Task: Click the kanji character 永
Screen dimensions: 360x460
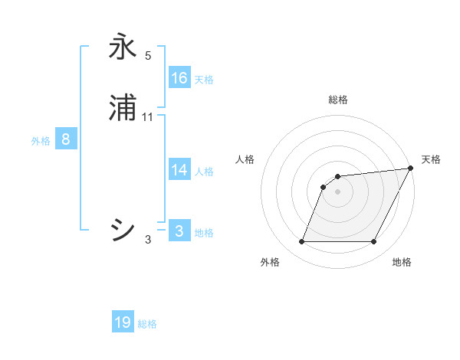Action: coord(123,47)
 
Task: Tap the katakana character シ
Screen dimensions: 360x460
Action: coord(123,229)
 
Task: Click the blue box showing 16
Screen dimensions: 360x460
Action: coord(179,78)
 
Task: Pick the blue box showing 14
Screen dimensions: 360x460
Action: coord(179,170)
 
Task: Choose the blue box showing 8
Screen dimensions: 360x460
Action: coord(66,139)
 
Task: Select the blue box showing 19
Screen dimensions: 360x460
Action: coord(123,322)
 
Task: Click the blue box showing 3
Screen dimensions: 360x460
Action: coord(179,231)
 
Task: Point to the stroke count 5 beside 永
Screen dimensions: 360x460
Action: coord(148,55)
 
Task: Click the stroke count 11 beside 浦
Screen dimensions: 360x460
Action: coord(148,117)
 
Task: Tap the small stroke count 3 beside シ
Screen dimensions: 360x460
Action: coord(148,240)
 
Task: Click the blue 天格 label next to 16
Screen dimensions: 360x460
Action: coord(204,80)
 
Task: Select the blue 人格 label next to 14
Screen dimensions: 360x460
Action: coord(204,172)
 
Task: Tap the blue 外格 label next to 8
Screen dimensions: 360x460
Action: coord(41,141)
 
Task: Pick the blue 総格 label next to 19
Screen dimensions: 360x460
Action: coord(147,324)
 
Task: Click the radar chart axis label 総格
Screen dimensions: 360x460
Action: coord(338,100)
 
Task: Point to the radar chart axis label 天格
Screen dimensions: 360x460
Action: coord(431,159)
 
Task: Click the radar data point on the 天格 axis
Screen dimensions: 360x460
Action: coord(411,168)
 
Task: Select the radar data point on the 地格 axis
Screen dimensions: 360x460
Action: coord(374,242)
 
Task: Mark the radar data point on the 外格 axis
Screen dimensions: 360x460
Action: coord(301,242)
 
